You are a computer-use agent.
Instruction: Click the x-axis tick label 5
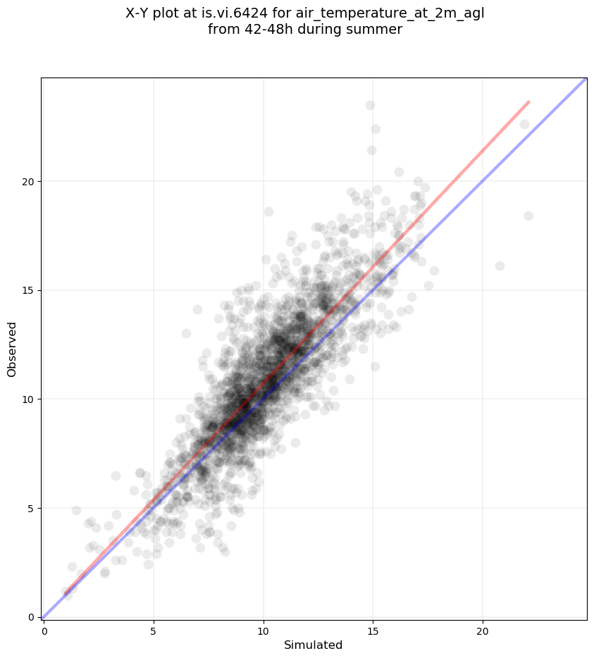(x=153, y=631)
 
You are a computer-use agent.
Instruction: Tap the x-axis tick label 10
(x=263, y=631)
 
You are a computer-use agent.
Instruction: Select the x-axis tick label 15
(x=373, y=631)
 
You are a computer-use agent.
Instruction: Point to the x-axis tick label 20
(x=483, y=631)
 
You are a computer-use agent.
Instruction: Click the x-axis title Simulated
(x=313, y=645)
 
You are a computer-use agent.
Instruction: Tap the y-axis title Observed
(x=12, y=349)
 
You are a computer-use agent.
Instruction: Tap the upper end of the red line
(x=528, y=102)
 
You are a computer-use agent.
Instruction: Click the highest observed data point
(x=370, y=106)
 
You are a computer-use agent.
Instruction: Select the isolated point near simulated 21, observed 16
(x=500, y=266)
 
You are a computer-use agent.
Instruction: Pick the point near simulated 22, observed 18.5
(x=528, y=216)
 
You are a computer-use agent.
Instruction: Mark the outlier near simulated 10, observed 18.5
(x=268, y=211)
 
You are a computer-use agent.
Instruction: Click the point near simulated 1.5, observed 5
(x=76, y=510)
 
